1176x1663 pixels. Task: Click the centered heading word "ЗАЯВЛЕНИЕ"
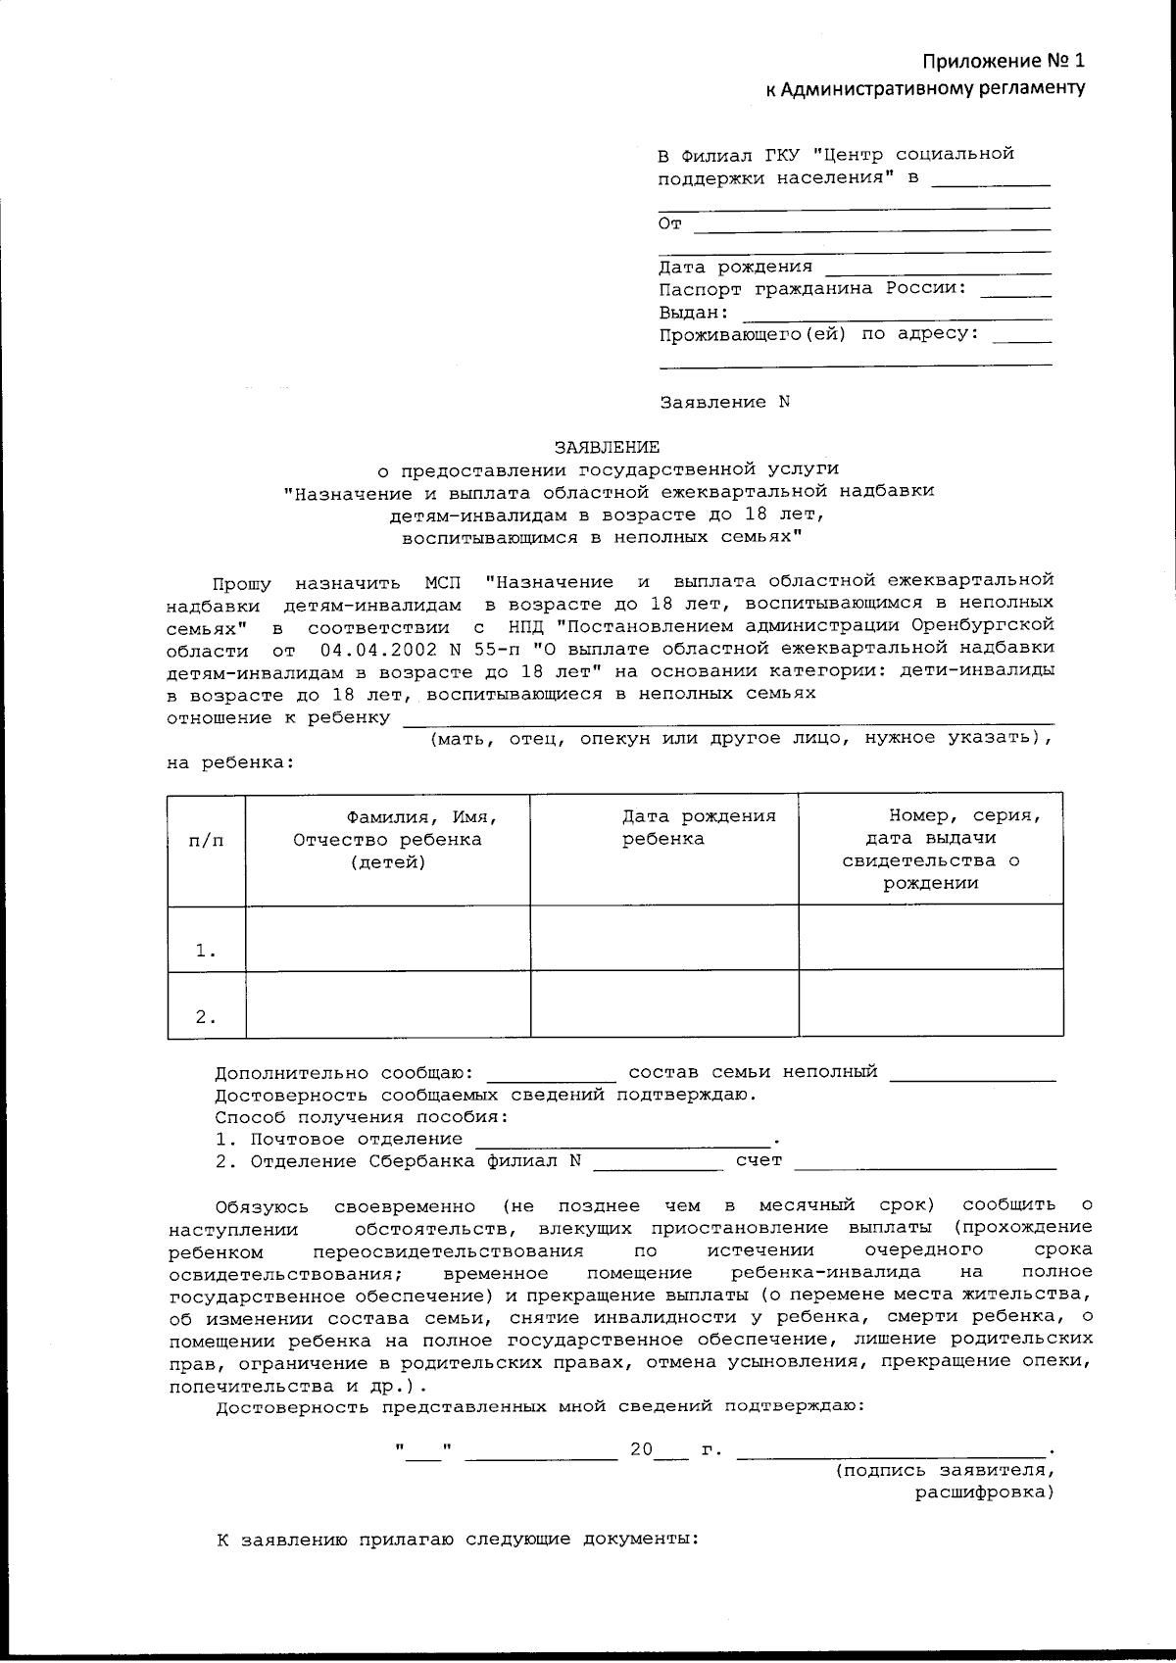[607, 447]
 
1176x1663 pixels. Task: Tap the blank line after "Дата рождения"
[938, 269]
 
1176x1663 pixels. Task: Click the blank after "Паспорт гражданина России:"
[1015, 291]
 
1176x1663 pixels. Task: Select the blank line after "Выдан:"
[896, 315]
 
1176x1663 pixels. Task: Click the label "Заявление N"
[724, 403]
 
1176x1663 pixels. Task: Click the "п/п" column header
[206, 840]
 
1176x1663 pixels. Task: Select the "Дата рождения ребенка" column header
[699, 827]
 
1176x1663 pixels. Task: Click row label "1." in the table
[206, 951]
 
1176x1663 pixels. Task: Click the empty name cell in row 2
[387, 1004]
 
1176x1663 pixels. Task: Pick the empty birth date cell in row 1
[663, 938]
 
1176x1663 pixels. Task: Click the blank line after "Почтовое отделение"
[623, 1141]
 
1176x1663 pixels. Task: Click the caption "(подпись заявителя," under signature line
[945, 1471]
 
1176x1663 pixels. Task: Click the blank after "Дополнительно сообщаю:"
[551, 1074]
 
